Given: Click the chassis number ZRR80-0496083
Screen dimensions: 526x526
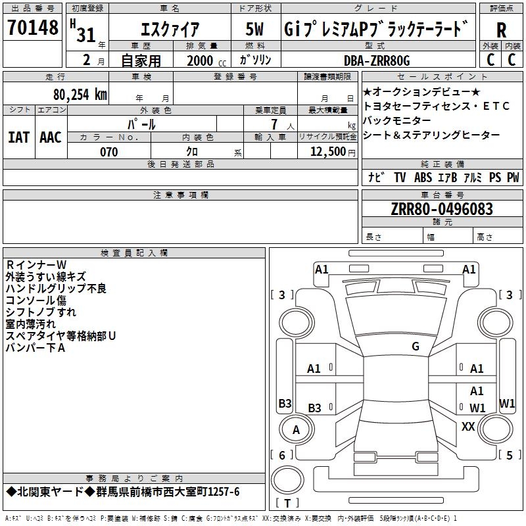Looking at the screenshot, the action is [442, 209].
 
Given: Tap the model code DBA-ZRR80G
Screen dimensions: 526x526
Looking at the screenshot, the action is [377, 60].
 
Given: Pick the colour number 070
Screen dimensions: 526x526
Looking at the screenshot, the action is [109, 152].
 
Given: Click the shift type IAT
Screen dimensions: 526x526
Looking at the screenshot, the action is [18, 137].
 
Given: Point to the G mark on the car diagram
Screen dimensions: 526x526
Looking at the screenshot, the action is [415, 347].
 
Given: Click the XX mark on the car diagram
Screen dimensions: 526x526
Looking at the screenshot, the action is [468, 427].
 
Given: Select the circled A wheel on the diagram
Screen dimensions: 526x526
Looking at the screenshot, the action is [296, 431].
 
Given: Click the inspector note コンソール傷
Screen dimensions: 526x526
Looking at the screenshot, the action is [36, 300].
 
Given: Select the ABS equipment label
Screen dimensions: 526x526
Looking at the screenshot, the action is [423, 178].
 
